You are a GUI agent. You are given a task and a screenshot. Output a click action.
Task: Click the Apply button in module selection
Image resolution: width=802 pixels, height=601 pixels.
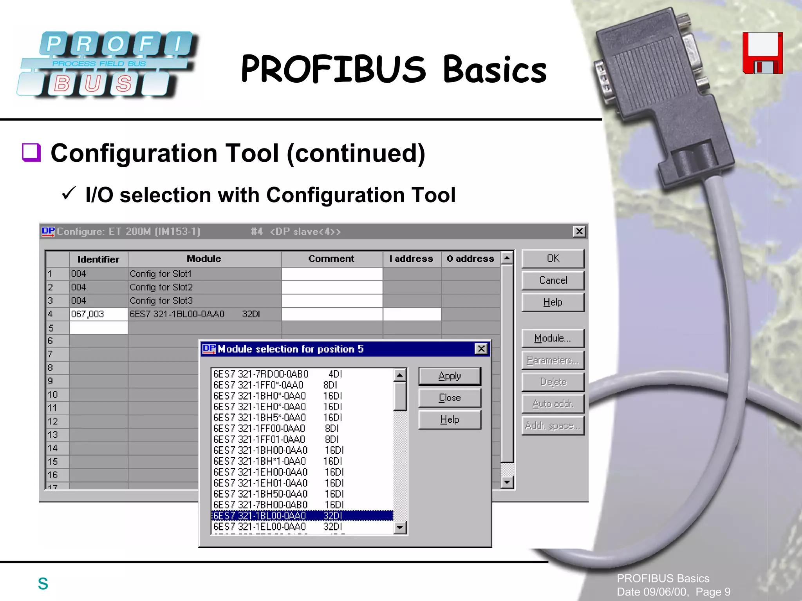[449, 376]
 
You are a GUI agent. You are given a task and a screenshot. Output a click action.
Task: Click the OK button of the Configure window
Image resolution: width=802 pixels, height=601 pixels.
[553, 259]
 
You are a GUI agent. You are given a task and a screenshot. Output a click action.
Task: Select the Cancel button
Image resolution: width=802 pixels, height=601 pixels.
[553, 281]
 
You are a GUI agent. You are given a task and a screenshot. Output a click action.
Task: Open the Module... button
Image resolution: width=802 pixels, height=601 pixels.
[553, 339]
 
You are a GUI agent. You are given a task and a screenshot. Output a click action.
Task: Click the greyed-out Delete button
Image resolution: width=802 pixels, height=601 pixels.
[553, 382]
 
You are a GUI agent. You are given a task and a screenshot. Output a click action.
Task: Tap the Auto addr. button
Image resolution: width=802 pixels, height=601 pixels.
[553, 404]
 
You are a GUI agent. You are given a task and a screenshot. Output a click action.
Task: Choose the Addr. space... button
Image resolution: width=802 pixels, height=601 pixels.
[553, 426]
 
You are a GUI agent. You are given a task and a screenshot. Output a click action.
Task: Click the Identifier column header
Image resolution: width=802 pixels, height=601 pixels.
[98, 259]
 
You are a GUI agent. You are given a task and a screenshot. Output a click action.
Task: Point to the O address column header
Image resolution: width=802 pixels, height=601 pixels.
[470, 259]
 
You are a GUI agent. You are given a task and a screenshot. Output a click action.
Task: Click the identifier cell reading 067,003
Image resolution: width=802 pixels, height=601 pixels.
[98, 314]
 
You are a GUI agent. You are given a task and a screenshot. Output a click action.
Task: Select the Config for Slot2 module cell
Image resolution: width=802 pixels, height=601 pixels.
[204, 287]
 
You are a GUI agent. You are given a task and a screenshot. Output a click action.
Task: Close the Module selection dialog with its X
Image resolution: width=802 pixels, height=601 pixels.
[481, 349]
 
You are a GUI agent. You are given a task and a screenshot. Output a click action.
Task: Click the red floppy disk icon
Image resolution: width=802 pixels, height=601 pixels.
[762, 53]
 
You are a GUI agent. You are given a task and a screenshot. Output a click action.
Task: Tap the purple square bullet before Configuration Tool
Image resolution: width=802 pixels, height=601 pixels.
[31, 152]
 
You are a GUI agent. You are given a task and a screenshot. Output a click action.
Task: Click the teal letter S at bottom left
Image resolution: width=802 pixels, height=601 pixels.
[43, 584]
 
